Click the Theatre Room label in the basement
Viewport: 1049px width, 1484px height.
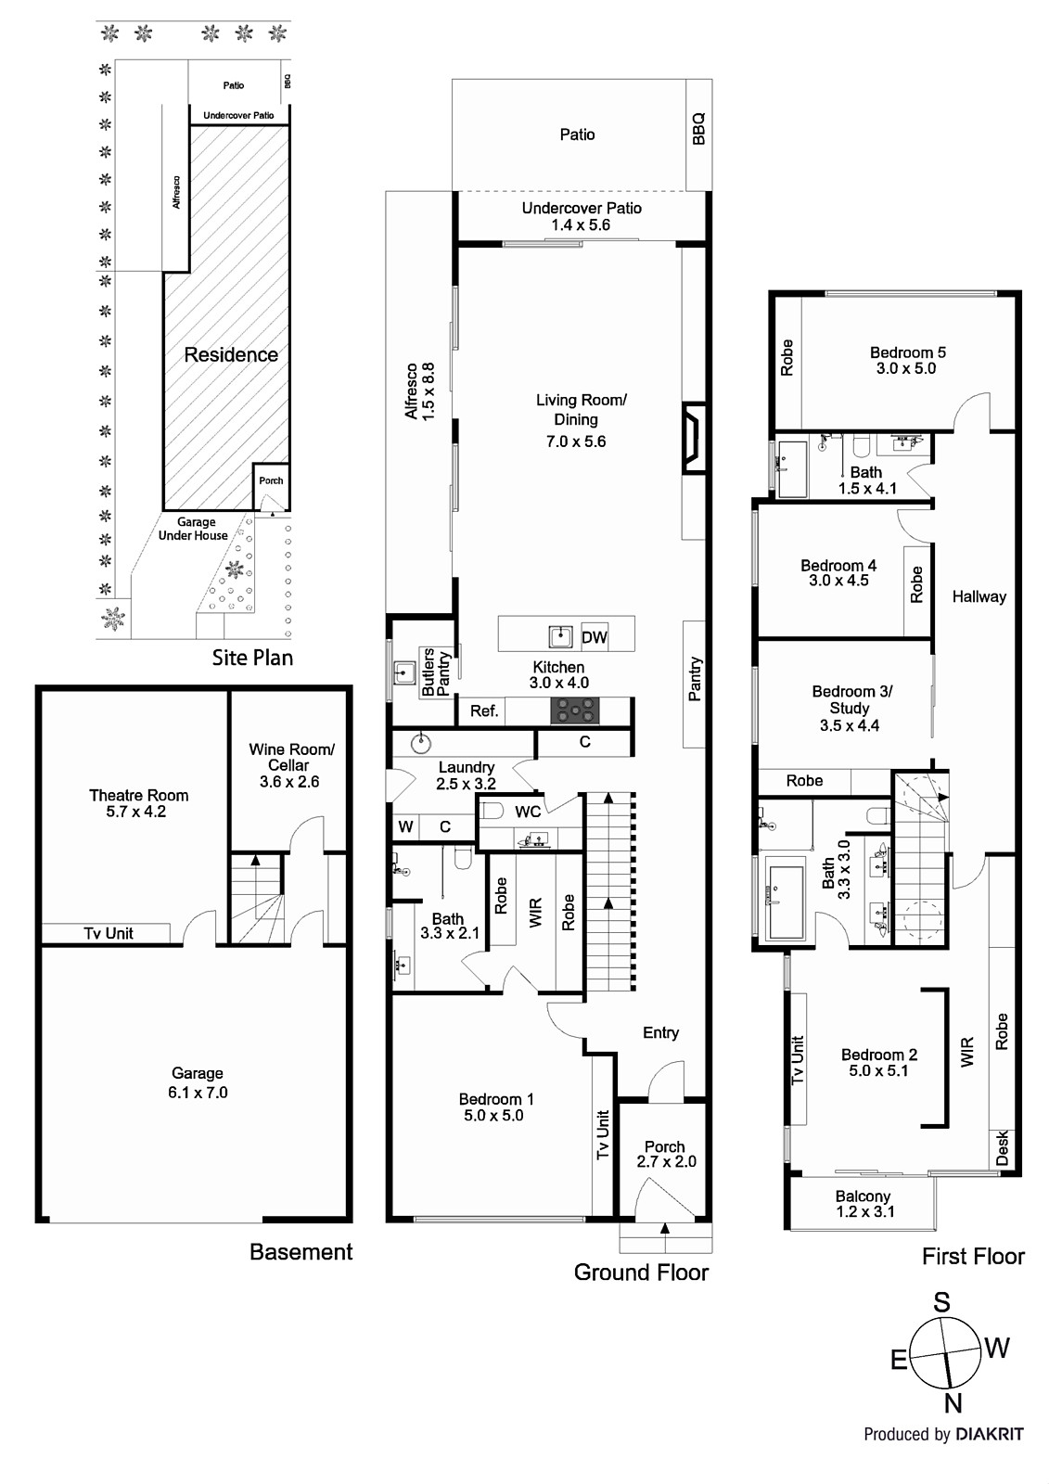[x=138, y=802]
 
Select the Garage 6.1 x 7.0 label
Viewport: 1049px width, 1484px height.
[x=198, y=1082]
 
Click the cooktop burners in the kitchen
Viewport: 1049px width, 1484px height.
[x=572, y=711]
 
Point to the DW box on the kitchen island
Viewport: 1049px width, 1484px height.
[x=594, y=637]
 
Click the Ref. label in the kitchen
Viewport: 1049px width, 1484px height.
[x=484, y=711]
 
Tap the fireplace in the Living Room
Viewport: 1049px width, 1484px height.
[x=693, y=438]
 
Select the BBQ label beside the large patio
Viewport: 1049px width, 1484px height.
[x=698, y=129]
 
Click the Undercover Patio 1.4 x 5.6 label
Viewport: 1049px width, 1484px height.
[x=581, y=216]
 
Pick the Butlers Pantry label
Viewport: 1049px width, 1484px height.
[x=435, y=672]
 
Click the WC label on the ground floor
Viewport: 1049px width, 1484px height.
[x=528, y=812]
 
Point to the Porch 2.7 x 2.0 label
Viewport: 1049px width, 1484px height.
[x=665, y=1154]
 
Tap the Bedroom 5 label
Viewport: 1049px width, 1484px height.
[x=907, y=360]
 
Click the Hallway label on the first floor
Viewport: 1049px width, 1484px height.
[x=979, y=596]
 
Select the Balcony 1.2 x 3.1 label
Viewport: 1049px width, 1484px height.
[x=863, y=1203]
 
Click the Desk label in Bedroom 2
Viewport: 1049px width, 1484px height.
[x=1002, y=1147]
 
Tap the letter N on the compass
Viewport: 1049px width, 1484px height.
[x=953, y=1402]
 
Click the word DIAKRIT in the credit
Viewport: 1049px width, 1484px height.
[x=990, y=1434]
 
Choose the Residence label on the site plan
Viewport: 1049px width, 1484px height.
[x=231, y=354]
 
